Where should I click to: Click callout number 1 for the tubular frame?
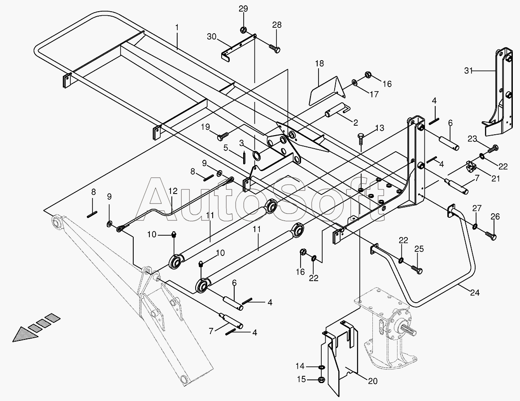coord(177,27)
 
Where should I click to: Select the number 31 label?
coord(469,70)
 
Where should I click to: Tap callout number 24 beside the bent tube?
coord(475,293)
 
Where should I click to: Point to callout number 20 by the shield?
coord(373,382)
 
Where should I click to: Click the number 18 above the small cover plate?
coord(319,63)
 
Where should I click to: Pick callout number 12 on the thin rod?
coord(173,191)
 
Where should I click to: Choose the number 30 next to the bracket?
coord(212,36)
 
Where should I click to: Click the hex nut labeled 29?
coord(243,31)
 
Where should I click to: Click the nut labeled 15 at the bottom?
coord(321,380)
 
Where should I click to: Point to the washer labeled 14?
coord(321,367)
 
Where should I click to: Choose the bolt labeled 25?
coord(417,270)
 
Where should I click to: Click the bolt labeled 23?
coord(494,147)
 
